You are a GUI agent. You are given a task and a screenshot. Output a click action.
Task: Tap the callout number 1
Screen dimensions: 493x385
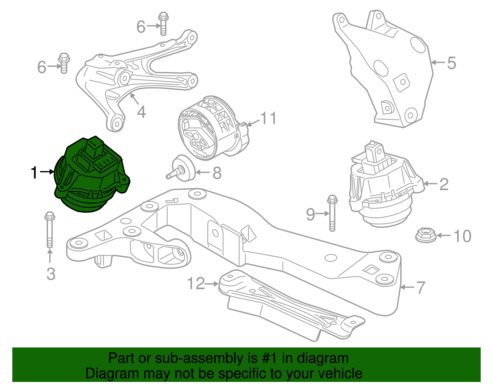(x=34, y=173)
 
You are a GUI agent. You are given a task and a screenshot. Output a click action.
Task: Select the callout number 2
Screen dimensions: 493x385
(x=444, y=184)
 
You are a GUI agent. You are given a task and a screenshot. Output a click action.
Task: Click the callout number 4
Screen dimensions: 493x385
(x=141, y=112)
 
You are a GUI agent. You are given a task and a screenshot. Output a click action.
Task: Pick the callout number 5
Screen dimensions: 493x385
(x=451, y=63)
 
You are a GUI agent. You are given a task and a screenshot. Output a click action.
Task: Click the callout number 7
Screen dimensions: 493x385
(x=421, y=287)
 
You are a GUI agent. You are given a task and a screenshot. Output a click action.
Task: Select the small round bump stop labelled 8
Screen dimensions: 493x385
(x=183, y=169)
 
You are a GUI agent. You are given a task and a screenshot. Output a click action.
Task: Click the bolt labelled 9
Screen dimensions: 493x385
(x=332, y=213)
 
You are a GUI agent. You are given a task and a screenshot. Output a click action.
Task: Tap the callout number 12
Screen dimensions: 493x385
(x=196, y=283)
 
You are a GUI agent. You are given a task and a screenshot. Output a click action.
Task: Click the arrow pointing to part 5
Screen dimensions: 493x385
(x=438, y=63)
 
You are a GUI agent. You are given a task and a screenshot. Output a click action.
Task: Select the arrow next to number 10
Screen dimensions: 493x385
(x=444, y=236)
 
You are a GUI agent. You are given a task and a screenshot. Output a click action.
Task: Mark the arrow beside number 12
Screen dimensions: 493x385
(x=212, y=284)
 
